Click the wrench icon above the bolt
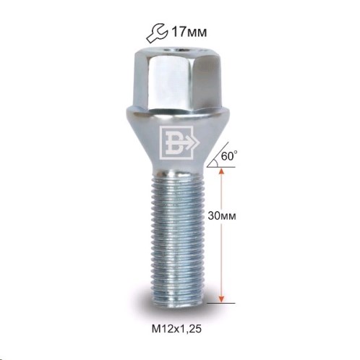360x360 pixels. pos(157,33)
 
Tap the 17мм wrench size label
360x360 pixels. pos(189,32)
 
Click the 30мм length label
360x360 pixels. pos(222,215)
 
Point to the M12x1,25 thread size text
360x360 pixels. pos(176,328)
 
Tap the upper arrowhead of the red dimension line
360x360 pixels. pos(221,171)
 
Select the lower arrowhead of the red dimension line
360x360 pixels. pos(221,299)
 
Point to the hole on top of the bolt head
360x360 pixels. pos(177,50)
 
